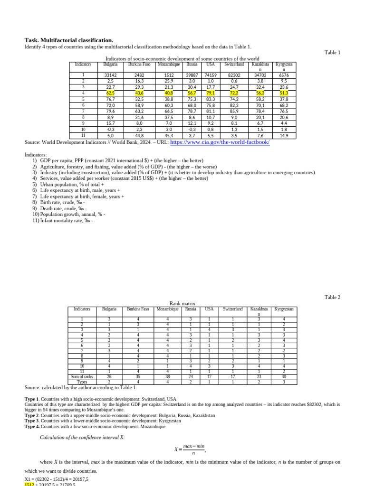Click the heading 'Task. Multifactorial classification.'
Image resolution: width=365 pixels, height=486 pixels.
click(x=69, y=40)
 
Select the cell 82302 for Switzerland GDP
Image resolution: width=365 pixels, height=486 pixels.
click(x=234, y=75)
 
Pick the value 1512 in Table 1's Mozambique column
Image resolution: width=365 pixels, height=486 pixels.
click(x=169, y=75)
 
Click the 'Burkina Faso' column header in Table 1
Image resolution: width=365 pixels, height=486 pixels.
click(x=139, y=64)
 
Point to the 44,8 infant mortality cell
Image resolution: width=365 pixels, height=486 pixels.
click(x=139, y=135)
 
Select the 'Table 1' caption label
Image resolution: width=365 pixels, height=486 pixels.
click(x=332, y=53)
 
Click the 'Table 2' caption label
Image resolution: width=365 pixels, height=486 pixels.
click(x=332, y=297)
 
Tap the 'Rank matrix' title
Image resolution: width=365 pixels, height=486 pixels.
click(x=182, y=303)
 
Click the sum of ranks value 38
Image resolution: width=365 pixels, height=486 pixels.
click(x=167, y=376)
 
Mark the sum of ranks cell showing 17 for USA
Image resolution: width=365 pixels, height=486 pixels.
click(x=209, y=376)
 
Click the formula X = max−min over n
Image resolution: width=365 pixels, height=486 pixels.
click(x=190, y=449)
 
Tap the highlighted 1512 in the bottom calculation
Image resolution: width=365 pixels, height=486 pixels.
click(x=29, y=484)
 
